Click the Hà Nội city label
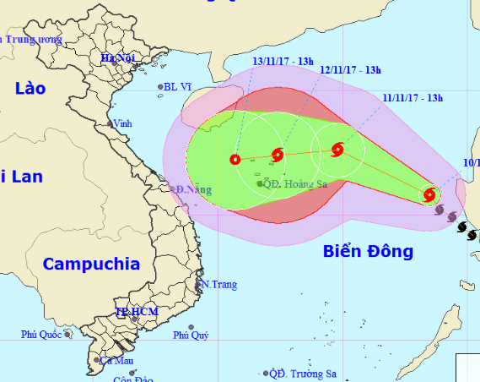[x=118, y=57]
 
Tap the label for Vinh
[x=123, y=123]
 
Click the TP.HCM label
[x=137, y=313]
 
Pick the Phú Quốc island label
[x=41, y=335]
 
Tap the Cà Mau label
[x=117, y=360]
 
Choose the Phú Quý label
[x=191, y=335]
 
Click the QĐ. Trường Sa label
[x=304, y=373]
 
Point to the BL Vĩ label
[x=179, y=86]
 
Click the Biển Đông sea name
[x=368, y=251]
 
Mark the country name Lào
[x=31, y=88]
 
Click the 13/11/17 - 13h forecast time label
[x=283, y=60]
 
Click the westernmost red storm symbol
[x=235, y=160]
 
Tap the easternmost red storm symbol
[x=429, y=195]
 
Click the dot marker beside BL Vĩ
[x=160, y=86]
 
